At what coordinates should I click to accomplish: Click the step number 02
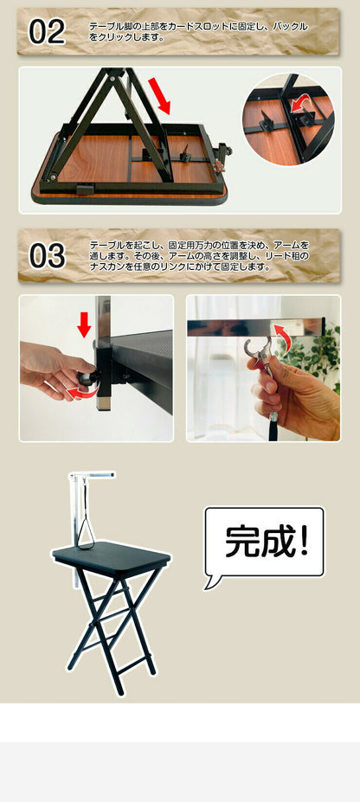[x=47, y=32]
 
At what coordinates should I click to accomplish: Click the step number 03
[x=47, y=256]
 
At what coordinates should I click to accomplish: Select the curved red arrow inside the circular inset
[x=299, y=107]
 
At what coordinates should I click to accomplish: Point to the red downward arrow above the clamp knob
[x=84, y=325]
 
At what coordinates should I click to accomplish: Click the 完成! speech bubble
[x=263, y=542]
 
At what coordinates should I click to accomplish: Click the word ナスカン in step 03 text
[x=109, y=267]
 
